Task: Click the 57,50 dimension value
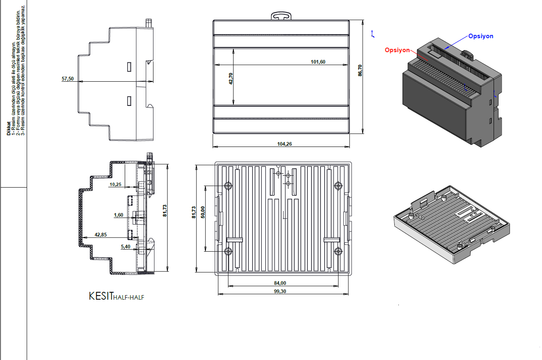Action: click(x=68, y=79)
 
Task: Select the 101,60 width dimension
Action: click(x=318, y=62)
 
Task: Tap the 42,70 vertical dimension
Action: click(x=231, y=79)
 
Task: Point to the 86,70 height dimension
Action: click(x=360, y=71)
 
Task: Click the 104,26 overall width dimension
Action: click(x=285, y=144)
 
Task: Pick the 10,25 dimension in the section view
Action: click(x=115, y=184)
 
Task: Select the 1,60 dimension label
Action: click(x=119, y=215)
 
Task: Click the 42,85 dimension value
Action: click(x=101, y=234)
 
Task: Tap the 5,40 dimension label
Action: click(x=126, y=246)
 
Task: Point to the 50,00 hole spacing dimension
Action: click(x=203, y=212)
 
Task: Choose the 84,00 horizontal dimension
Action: click(x=280, y=283)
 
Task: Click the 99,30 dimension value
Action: click(x=280, y=291)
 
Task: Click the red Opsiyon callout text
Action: click(x=397, y=50)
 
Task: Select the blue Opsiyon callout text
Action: click(x=481, y=36)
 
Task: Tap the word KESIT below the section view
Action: click(x=101, y=296)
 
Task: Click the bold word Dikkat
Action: click(x=9, y=128)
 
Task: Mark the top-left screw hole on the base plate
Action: click(x=228, y=186)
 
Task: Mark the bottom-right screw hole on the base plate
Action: click(x=338, y=251)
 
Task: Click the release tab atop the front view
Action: click(x=281, y=16)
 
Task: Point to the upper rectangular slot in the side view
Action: click(x=129, y=67)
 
